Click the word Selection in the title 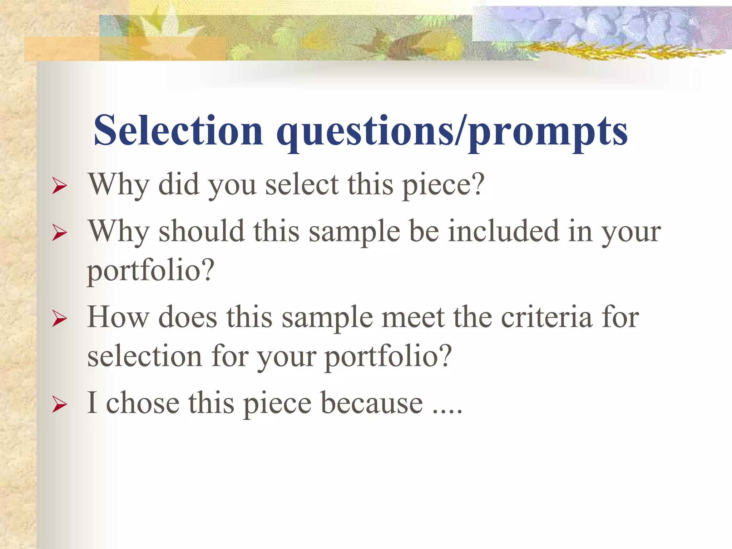click(178, 130)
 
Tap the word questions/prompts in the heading click(452, 132)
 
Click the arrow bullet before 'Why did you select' click(59, 186)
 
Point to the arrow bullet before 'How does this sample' click(59, 318)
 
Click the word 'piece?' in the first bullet click(443, 185)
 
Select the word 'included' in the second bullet click(504, 231)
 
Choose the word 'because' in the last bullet click(372, 403)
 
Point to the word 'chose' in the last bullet click(143, 403)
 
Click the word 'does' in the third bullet click(188, 317)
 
